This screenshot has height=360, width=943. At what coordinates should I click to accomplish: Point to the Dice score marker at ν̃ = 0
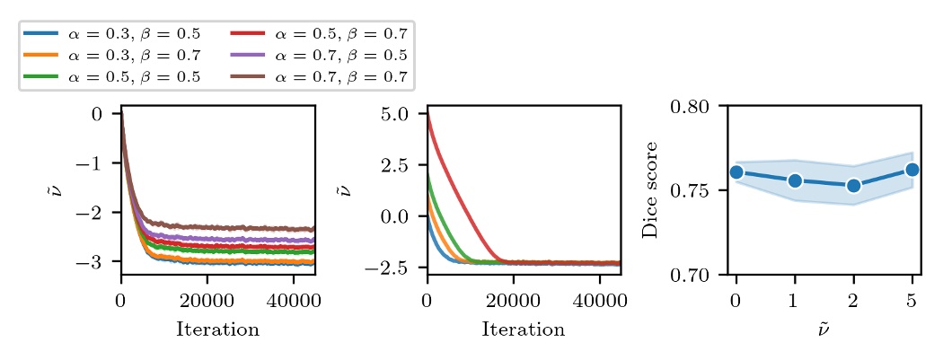coord(736,172)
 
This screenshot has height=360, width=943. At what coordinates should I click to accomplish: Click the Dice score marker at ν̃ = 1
coord(795,180)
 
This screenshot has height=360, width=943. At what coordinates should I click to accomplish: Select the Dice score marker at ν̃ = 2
coord(853,186)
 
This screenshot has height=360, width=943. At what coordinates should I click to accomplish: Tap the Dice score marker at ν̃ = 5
coord(912,170)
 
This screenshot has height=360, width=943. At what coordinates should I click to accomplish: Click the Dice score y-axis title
coord(650,189)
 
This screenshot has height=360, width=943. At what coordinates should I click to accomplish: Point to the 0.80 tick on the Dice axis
coord(692,107)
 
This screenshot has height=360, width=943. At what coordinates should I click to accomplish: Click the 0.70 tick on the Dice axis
coord(692,274)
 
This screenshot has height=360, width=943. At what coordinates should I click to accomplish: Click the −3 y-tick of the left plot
coord(94,262)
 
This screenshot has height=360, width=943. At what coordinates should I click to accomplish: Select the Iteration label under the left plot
coord(217,329)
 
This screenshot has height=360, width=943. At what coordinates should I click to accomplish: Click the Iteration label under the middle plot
coord(523,329)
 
